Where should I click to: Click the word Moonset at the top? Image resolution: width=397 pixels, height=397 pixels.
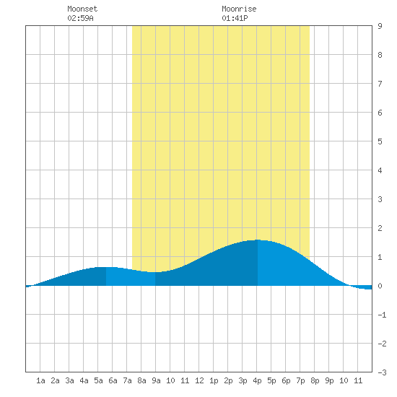[x=82, y=9]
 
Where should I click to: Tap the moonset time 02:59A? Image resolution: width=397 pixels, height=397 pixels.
[x=80, y=18]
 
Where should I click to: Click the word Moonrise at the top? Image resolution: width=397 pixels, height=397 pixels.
[x=239, y=9]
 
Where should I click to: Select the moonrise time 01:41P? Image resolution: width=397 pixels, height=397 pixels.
[x=235, y=18]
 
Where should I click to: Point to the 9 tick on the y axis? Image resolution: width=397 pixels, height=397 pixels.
[x=380, y=26]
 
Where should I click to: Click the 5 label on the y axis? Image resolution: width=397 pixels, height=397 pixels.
[x=380, y=141]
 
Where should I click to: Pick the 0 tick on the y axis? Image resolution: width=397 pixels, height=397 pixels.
[x=380, y=286]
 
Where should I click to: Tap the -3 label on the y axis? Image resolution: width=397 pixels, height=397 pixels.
[x=382, y=372]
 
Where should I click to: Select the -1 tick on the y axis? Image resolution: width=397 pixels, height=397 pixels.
[x=382, y=315]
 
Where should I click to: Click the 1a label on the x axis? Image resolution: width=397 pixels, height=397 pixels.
[x=40, y=380]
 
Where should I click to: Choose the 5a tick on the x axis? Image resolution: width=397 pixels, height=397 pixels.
[x=98, y=380]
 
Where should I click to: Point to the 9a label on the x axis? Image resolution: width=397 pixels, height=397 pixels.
[x=156, y=380]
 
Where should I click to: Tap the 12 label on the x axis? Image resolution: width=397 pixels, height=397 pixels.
[x=199, y=380]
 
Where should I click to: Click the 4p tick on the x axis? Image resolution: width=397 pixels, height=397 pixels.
[x=257, y=380]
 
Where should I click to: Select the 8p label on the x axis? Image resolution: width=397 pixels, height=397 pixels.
[x=315, y=380]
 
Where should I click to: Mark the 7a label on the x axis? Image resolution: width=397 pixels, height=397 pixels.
[x=127, y=380]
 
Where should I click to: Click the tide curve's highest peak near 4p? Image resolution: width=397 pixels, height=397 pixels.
[x=258, y=240]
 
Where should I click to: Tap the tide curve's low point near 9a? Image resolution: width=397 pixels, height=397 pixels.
[x=155, y=272]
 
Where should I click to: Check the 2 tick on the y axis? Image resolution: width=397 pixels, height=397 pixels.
[x=380, y=228]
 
